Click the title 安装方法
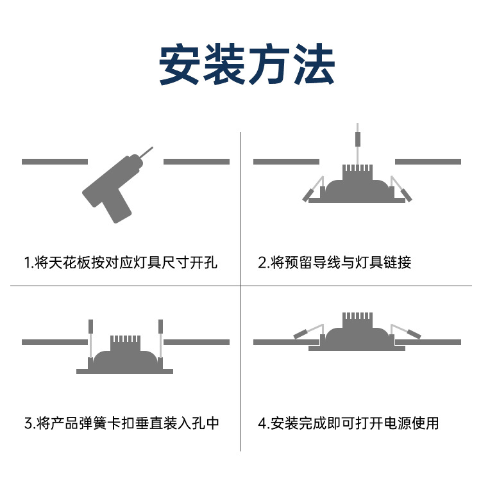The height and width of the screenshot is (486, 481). click(x=246, y=64)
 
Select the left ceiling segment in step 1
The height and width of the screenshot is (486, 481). click(x=55, y=161)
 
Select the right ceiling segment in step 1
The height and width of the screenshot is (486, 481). click(x=196, y=161)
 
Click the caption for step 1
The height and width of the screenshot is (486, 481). click(x=121, y=263)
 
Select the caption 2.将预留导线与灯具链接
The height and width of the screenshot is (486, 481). click(x=334, y=263)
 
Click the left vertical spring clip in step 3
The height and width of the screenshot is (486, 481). click(x=91, y=327)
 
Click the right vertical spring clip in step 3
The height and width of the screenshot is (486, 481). click(x=161, y=327)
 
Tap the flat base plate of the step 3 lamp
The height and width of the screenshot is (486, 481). click(x=124, y=371)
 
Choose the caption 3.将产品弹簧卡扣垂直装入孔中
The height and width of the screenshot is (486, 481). click(x=122, y=423)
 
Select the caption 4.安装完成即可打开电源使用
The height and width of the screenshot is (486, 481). click(x=349, y=423)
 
